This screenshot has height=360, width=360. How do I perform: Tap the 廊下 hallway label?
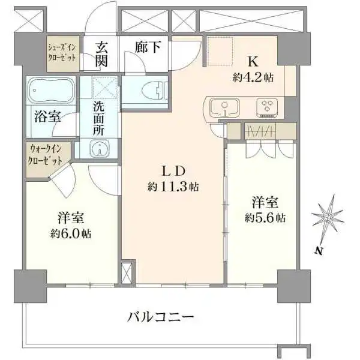147,47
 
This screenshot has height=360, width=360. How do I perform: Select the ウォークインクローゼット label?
46,155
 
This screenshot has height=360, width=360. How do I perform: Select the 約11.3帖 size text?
173,187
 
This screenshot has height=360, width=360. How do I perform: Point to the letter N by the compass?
320,250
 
